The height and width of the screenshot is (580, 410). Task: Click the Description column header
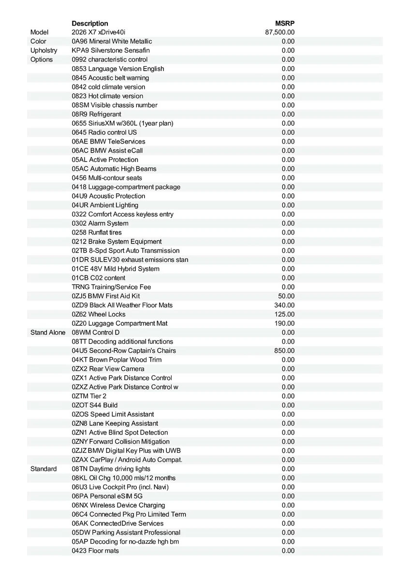click(90, 23)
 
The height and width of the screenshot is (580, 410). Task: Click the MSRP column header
click(285, 23)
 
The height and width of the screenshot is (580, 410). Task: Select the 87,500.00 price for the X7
click(280, 32)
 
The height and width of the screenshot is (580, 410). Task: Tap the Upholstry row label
click(44, 51)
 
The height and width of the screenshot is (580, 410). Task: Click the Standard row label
click(44, 469)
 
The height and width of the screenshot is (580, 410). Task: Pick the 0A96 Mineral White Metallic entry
click(112, 42)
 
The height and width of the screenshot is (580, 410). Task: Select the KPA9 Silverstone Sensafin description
click(111, 51)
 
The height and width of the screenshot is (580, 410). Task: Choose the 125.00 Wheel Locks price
click(284, 314)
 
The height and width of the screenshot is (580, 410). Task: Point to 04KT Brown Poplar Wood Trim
click(117, 360)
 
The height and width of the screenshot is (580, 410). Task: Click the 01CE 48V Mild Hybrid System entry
click(116, 269)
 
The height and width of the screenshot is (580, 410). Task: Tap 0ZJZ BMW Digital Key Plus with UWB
click(126, 450)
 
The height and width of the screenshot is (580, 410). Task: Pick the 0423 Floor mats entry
click(95, 551)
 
